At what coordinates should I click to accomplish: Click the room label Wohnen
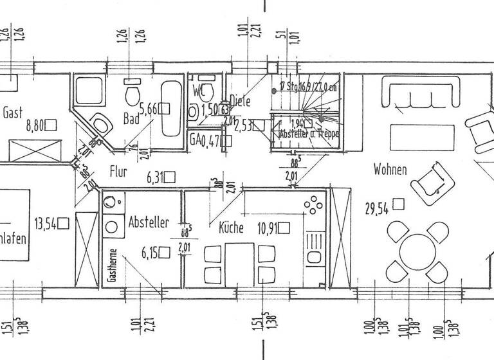[390, 170]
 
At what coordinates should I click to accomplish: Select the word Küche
[230, 227]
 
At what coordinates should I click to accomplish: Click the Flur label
[119, 172]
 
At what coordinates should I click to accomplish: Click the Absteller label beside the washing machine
[149, 222]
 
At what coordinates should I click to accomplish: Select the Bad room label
[131, 119]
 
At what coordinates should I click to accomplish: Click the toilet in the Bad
[133, 95]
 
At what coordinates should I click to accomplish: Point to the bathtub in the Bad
[172, 108]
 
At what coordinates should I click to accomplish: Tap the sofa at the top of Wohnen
[421, 92]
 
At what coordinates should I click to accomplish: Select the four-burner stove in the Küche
[314, 205]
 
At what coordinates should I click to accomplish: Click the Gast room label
[13, 113]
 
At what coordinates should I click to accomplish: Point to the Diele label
[241, 101]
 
